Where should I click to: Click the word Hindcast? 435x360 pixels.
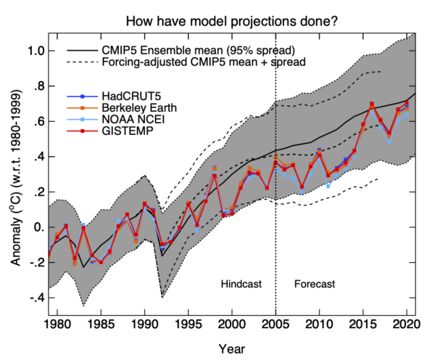[x=241, y=283]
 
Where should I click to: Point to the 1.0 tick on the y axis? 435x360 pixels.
[x=38, y=51]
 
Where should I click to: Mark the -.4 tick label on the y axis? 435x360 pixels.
[x=38, y=298]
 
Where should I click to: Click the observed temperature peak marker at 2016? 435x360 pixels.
[x=372, y=105]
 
